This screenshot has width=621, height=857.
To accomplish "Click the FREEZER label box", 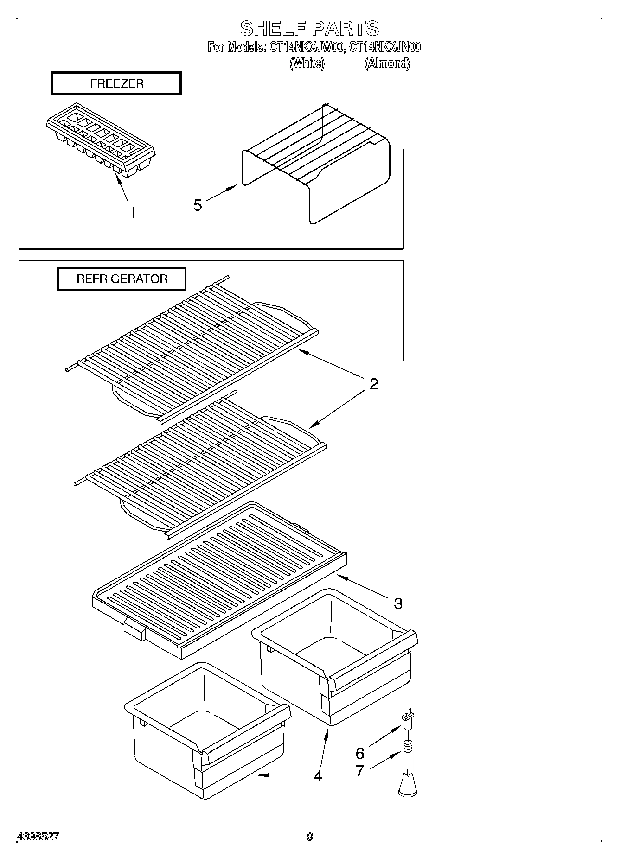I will coord(116,83).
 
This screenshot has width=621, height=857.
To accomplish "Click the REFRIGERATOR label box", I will coord(122,279).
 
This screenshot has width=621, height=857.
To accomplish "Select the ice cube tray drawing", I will coord(101,140).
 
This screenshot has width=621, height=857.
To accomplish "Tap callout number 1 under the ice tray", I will coord(133,213).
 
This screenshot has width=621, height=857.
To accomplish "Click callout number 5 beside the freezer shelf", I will coord(198,205).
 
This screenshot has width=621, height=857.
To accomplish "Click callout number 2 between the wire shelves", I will coord(374,384).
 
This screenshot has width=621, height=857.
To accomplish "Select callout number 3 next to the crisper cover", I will coord(398,603).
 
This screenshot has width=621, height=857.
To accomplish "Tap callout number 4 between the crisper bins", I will coord(318,776).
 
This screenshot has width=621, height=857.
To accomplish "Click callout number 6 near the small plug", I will coord(360,753).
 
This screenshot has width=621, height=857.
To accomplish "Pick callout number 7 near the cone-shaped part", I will coord(360,770).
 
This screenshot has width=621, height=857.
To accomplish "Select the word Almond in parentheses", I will coord(387,63).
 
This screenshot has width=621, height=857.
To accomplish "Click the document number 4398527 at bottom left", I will coord(38,837).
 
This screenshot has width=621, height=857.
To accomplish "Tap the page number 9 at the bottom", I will coord(310,837).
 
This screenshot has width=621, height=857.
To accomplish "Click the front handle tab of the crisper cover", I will coord(135,631).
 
